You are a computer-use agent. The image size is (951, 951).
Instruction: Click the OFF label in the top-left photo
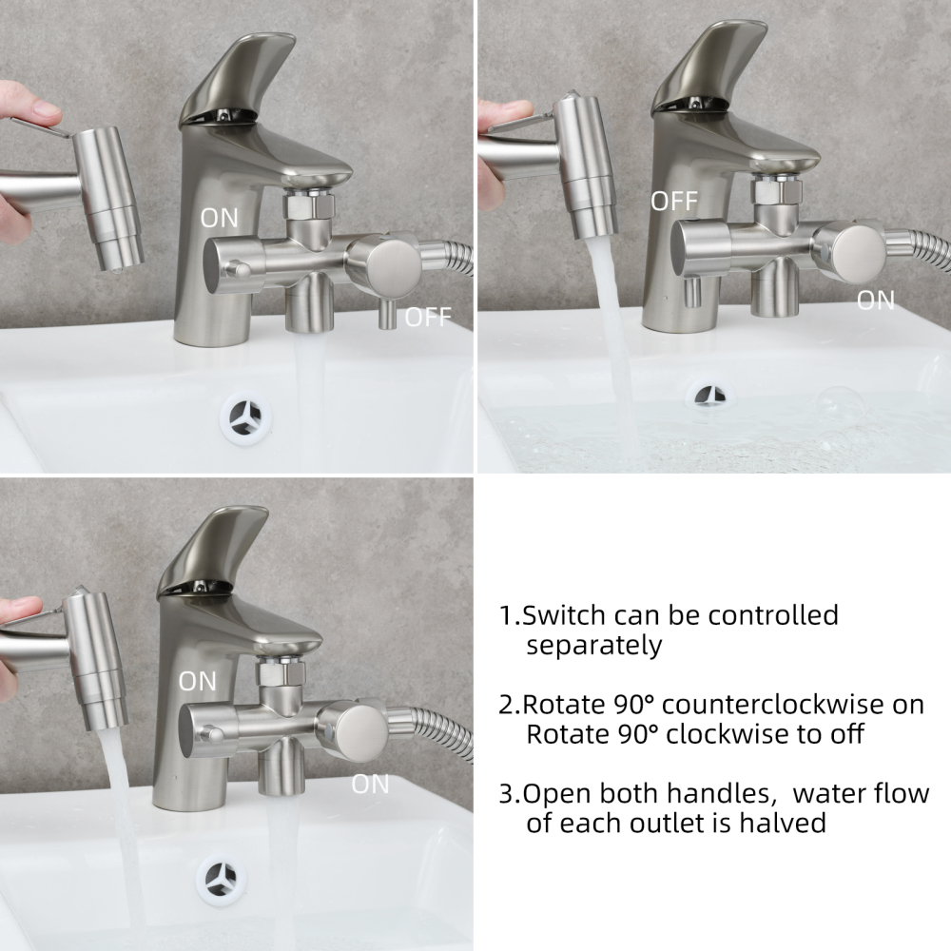tap(427, 318)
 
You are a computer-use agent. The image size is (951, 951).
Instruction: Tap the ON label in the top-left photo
tap(220, 218)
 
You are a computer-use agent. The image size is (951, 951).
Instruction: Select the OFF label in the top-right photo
tap(673, 201)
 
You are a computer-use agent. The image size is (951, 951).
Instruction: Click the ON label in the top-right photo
tap(875, 301)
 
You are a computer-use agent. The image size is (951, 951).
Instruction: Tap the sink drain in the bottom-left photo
tap(222, 874)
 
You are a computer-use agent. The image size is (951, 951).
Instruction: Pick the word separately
tap(593, 646)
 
